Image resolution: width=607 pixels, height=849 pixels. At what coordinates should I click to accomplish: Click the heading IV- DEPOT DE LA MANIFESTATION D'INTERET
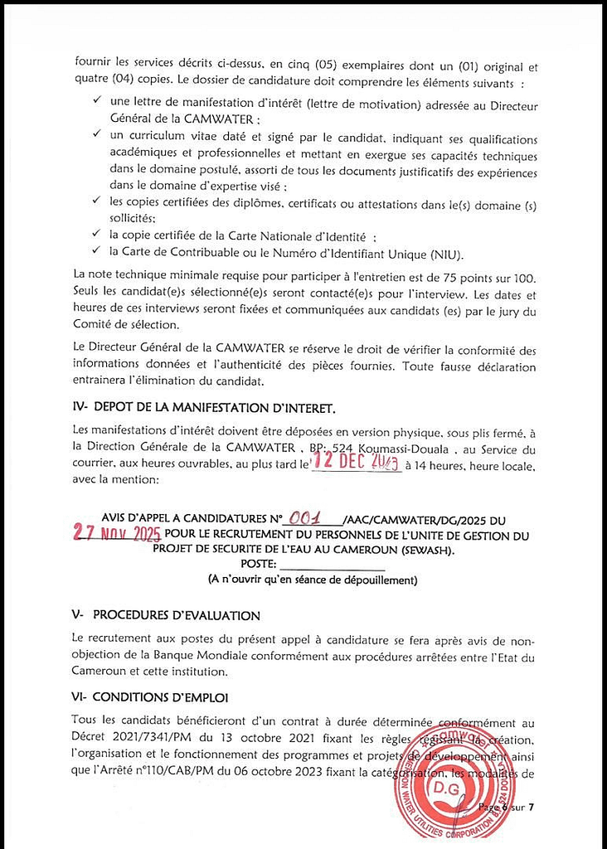coord(204,408)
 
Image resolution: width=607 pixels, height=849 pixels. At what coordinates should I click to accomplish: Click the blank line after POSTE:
coord(332,565)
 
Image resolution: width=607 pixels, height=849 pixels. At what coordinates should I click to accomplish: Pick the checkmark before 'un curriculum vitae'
coord(97,135)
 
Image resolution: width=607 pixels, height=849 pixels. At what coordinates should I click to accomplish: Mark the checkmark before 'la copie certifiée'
coord(97,235)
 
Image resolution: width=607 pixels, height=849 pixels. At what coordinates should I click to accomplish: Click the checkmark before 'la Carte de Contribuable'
coord(97,252)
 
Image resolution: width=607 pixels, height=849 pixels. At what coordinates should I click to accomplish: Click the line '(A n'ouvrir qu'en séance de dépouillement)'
coord(313,580)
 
